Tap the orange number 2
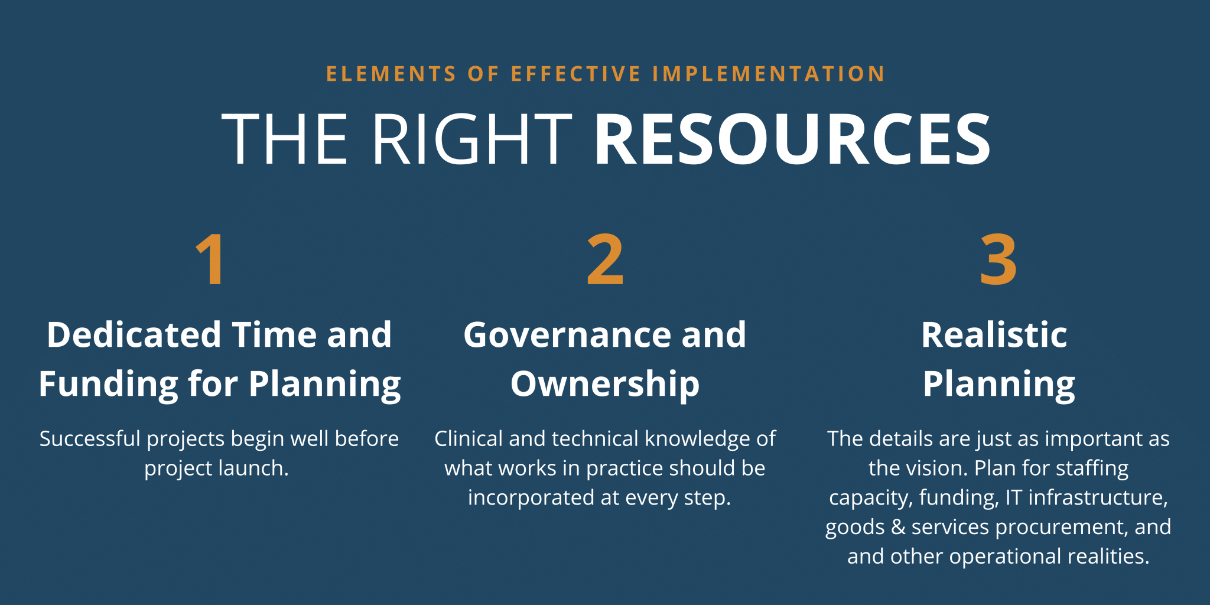605,259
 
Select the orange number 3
998,259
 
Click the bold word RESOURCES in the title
792,139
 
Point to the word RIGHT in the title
471,139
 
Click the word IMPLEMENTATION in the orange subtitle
769,74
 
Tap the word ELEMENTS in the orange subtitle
391,74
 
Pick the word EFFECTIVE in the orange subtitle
576,74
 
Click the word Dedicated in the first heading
134,334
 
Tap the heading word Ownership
605,385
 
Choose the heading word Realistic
994,334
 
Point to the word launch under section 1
253,469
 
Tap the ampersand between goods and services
898,527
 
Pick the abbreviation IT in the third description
1013,498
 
